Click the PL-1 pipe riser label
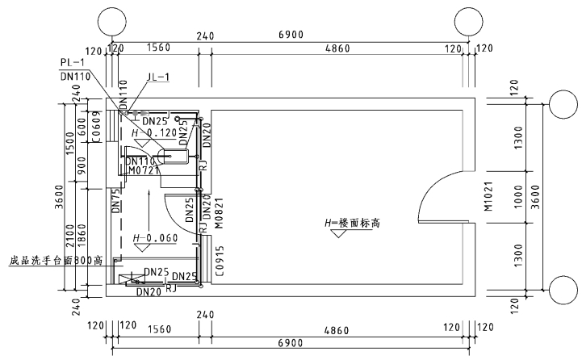click(73, 61)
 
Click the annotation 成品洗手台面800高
click(54, 261)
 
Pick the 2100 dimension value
click(70, 237)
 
